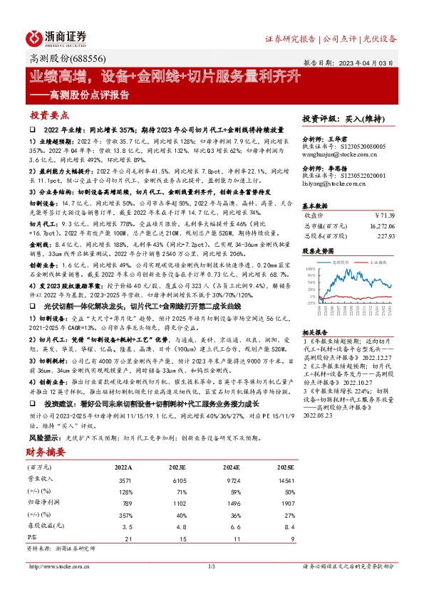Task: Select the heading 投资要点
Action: coord(48,115)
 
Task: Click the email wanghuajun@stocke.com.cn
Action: coord(335,152)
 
